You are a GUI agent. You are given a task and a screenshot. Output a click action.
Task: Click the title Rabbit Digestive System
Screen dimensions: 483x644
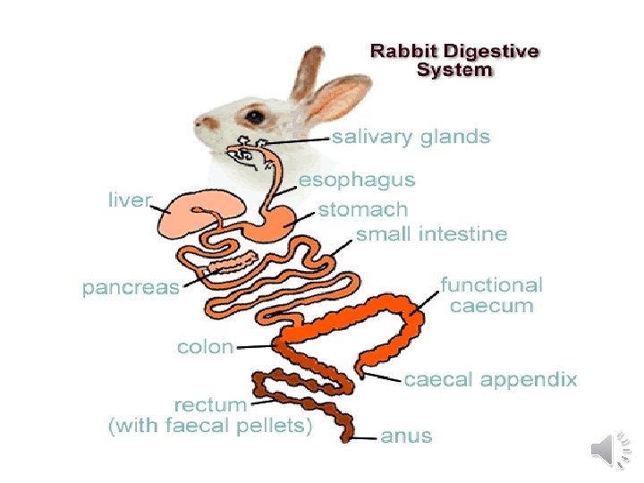(x=455, y=59)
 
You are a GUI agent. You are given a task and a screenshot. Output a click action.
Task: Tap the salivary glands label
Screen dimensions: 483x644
(x=411, y=137)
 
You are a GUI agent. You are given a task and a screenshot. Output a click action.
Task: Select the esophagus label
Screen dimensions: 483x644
(x=357, y=180)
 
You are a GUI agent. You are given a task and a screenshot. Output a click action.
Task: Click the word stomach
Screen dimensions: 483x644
(x=363, y=210)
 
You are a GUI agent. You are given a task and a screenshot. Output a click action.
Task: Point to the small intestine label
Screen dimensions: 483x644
(x=431, y=234)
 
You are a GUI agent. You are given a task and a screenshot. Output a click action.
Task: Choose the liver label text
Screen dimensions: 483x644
(x=130, y=199)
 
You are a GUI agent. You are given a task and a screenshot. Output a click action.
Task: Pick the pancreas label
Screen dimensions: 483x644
(x=131, y=288)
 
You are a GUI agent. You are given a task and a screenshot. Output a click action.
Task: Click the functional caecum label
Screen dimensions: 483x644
(x=491, y=295)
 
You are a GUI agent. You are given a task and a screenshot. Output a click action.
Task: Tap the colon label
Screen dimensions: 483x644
(x=206, y=346)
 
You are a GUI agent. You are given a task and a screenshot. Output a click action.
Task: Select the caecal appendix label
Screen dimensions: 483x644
(x=490, y=379)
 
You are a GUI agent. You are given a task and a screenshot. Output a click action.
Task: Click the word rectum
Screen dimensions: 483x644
(x=210, y=406)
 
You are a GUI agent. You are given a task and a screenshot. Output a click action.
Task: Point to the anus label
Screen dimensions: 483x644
(x=406, y=436)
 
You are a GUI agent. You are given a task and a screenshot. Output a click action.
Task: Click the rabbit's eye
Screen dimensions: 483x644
(x=255, y=115)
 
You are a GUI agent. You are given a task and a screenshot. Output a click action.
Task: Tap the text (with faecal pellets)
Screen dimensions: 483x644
(x=210, y=427)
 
